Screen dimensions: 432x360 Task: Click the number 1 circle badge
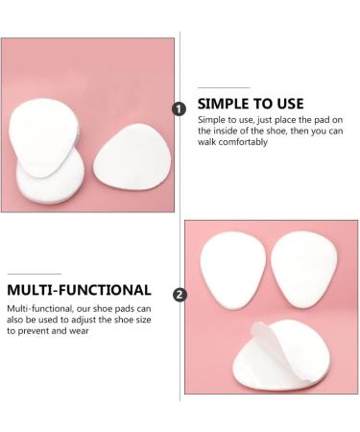tap(179, 109)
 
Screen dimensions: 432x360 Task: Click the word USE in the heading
tap(287, 103)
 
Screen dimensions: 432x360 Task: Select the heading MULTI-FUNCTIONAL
tap(78, 289)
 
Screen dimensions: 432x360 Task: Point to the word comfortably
tap(236, 143)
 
